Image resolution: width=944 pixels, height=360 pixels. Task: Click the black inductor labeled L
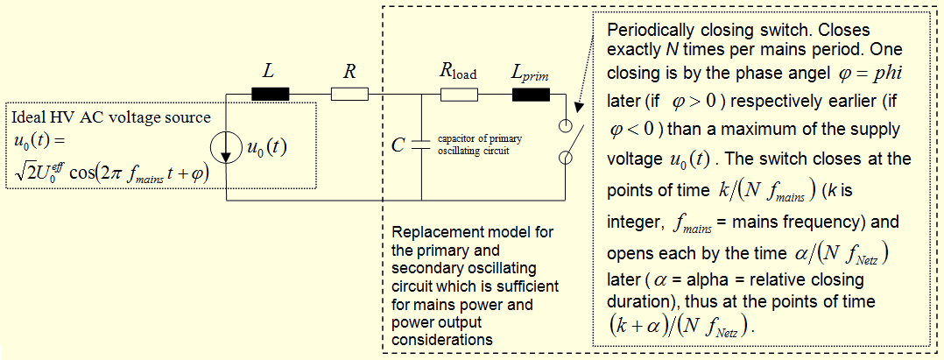[x=271, y=94]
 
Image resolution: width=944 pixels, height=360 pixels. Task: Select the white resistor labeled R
[x=349, y=94]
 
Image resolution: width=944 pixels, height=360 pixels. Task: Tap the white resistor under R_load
[x=456, y=94]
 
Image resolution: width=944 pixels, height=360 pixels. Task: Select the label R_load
[x=457, y=72]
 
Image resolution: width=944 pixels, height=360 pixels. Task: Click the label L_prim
[x=530, y=72]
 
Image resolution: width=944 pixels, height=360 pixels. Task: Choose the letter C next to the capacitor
[x=398, y=145]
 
